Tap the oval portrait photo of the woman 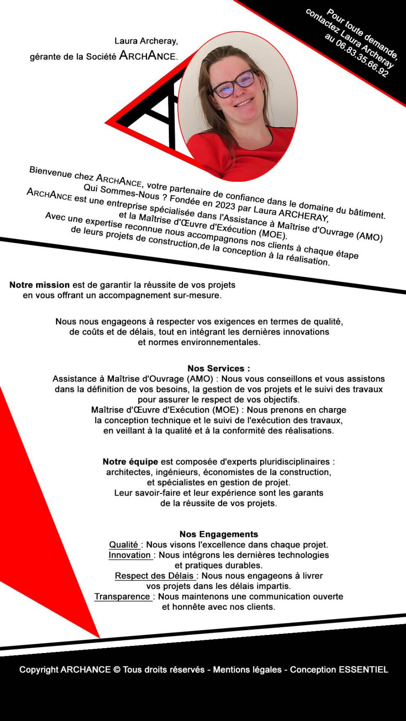coord(238,106)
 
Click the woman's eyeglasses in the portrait coord(234,84)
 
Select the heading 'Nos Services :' coord(219,368)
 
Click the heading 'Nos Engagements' coord(219,534)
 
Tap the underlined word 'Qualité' coord(124,545)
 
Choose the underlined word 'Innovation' coord(130,555)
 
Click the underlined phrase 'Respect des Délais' coord(154,576)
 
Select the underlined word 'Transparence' coord(122,597)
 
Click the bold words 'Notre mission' coord(39,285)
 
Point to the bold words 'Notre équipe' coord(130,462)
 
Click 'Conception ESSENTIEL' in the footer coord(339,670)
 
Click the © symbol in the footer coord(117,670)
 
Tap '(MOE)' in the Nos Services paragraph coord(225,410)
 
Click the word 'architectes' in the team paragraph coord(129,472)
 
